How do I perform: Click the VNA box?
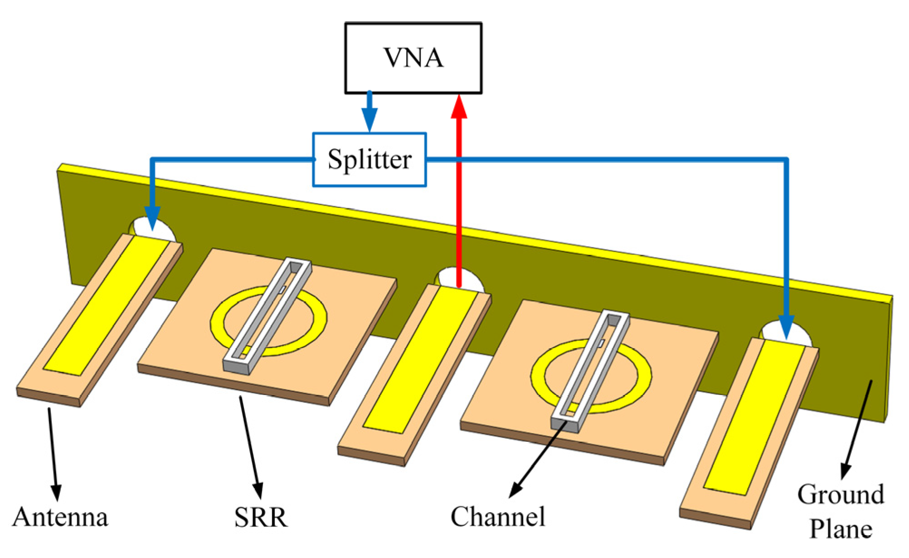point(413,58)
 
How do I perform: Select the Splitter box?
point(369,160)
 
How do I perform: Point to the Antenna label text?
point(60,517)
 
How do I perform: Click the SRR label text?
point(261,517)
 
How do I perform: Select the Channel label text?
point(498,517)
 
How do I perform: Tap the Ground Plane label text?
point(841,512)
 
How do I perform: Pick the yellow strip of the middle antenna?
point(419,358)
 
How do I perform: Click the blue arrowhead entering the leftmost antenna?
point(152,218)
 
